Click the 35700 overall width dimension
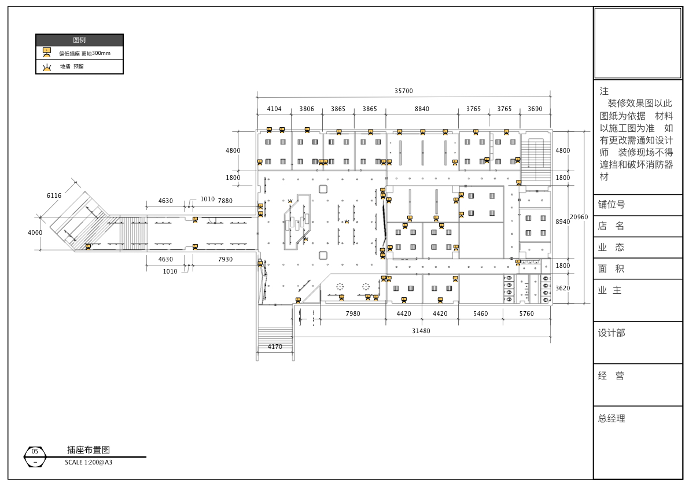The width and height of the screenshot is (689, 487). click(x=403, y=91)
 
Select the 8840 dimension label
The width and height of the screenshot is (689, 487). click(x=422, y=109)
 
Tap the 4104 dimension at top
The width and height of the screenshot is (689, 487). click(x=274, y=109)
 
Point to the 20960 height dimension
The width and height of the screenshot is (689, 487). click(x=579, y=217)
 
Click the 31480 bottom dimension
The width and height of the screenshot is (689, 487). click(x=421, y=331)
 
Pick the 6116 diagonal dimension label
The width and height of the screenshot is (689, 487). click(x=54, y=196)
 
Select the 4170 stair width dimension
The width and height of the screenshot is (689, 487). click(x=275, y=346)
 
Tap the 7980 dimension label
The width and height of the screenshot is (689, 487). click(x=353, y=313)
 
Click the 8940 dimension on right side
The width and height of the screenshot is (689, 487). click(x=562, y=222)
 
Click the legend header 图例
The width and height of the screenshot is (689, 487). click(x=79, y=40)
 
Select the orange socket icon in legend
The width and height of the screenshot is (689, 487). click(x=47, y=53)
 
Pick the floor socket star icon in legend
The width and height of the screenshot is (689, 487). click(x=47, y=68)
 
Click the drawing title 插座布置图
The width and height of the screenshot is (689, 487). click(x=89, y=449)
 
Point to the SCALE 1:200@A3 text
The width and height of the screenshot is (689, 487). click(x=89, y=462)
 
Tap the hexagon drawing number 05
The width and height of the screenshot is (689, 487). click(x=35, y=452)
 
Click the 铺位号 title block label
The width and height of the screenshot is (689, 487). click(x=611, y=205)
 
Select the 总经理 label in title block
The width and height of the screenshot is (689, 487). click(x=611, y=419)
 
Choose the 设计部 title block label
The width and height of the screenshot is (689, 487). click(x=611, y=333)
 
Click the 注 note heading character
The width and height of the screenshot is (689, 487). click(x=604, y=91)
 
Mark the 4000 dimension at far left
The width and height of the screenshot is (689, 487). click(x=35, y=233)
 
